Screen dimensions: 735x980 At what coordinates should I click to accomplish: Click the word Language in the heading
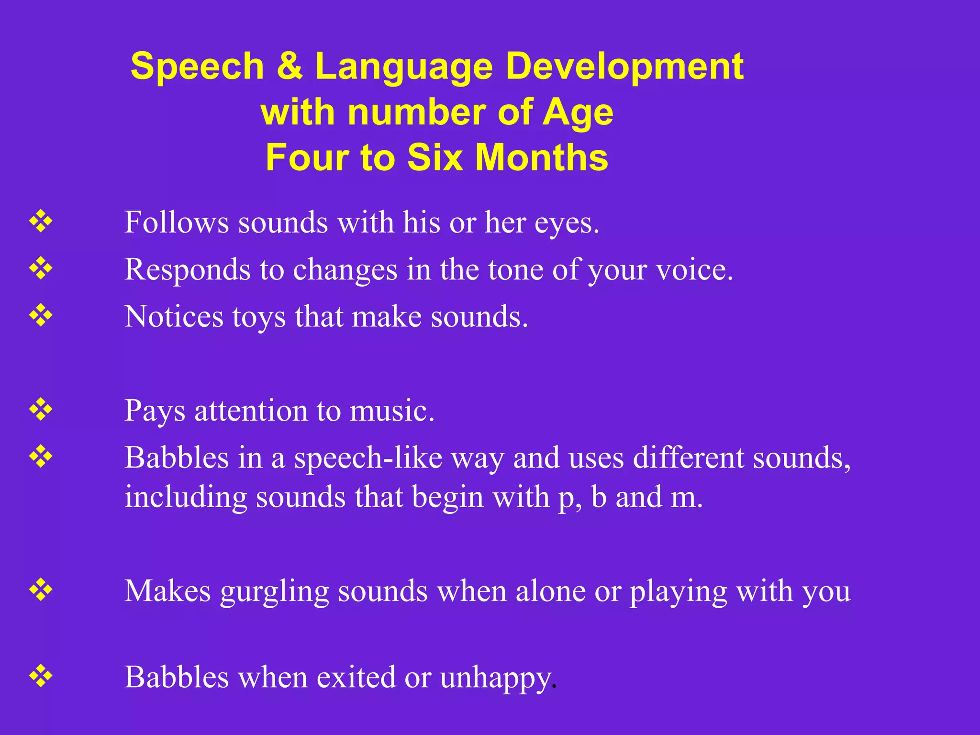403,67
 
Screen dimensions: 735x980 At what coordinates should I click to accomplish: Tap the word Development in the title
624,67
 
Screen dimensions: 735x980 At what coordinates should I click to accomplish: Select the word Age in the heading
578,113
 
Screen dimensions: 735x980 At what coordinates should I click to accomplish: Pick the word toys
259,318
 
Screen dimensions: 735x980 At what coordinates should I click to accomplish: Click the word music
391,411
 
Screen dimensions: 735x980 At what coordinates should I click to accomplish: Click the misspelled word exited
356,677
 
